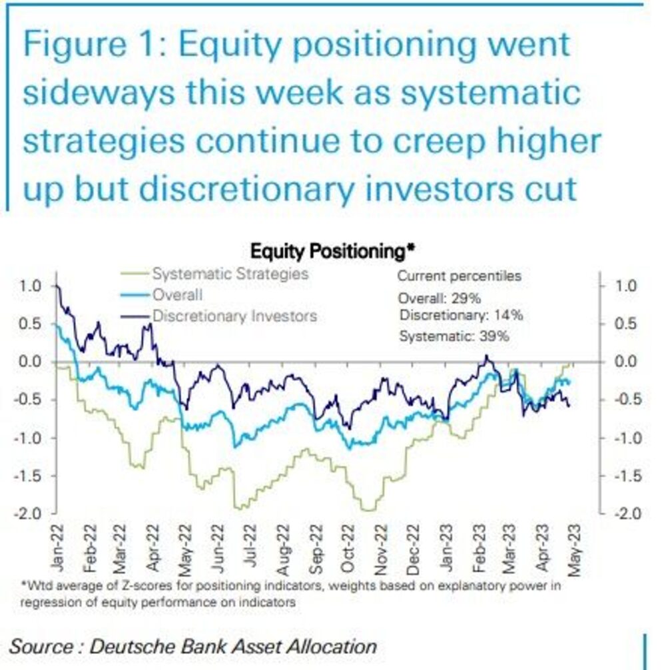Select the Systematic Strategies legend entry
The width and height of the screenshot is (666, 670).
click(x=230, y=273)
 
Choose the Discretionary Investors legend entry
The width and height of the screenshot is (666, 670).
click(x=234, y=316)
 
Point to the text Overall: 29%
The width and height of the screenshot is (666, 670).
click(x=439, y=298)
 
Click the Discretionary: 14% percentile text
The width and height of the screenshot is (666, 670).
click(x=461, y=316)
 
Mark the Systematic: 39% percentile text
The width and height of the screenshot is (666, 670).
click(x=454, y=336)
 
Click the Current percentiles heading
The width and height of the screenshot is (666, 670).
click(x=460, y=276)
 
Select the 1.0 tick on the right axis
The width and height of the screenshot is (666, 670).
click(x=626, y=286)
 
